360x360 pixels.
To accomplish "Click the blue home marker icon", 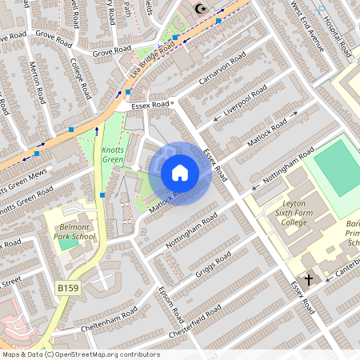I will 180,173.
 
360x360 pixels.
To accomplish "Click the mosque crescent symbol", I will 201,10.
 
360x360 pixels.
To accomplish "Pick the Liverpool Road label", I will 245,107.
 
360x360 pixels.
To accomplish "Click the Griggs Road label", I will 213,266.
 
